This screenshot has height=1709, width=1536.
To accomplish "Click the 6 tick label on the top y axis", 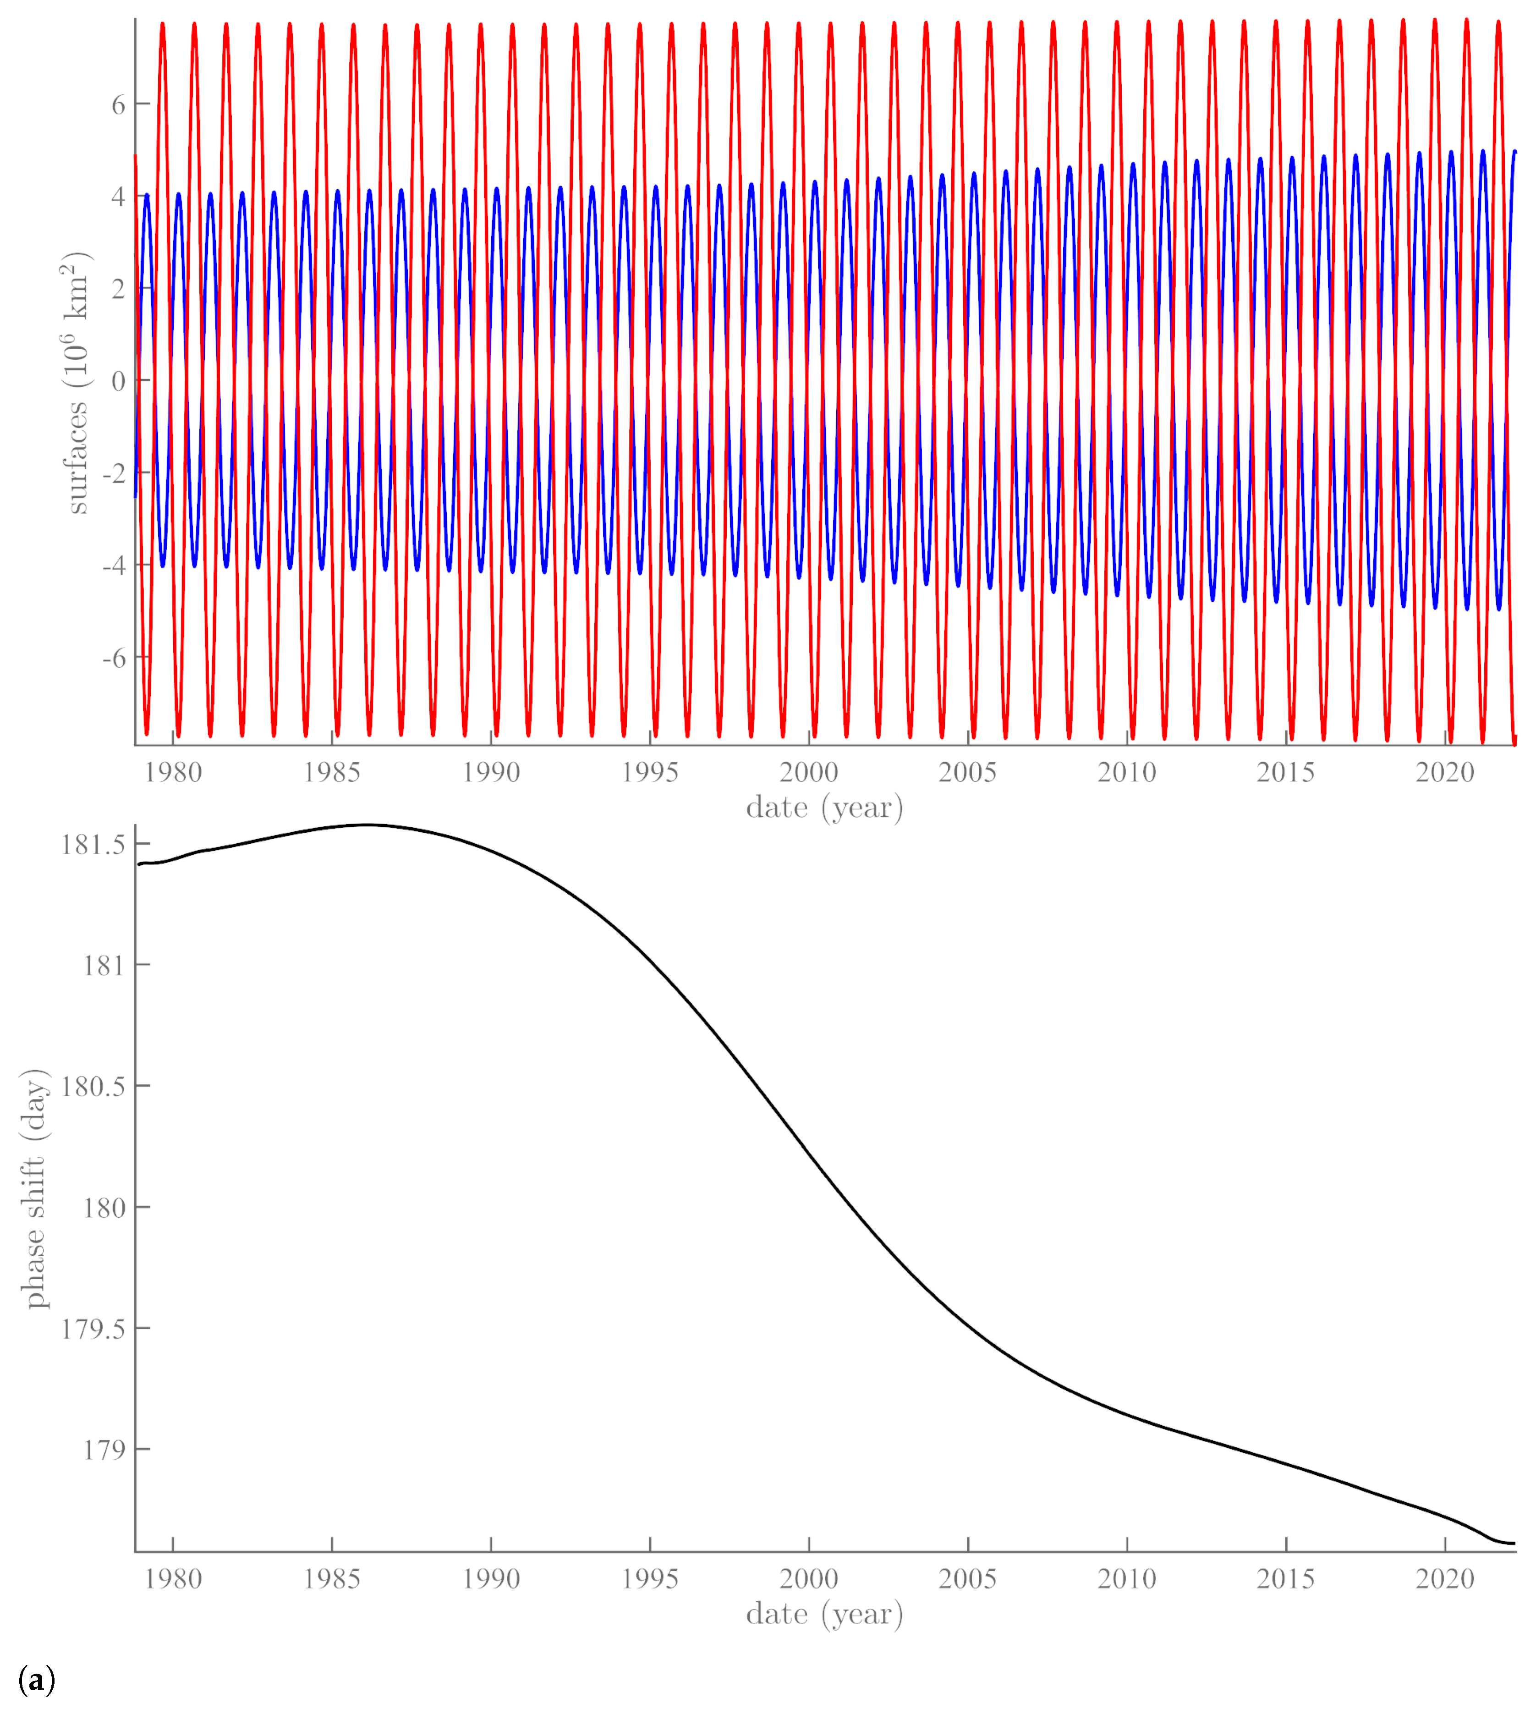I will pos(118,104).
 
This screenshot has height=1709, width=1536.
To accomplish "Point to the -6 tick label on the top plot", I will pos(114,658).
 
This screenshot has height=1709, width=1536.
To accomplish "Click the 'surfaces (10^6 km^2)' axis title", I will pos(76,382).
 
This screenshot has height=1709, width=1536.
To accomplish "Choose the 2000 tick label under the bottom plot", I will pos(808,1579).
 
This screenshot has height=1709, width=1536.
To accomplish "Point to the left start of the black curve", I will pos(139,864).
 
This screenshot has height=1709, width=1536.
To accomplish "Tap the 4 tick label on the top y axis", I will pos(118,197).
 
